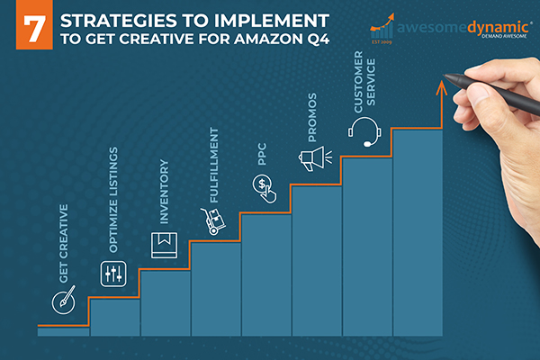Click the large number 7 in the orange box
click(34, 30)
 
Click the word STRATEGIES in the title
click(119, 21)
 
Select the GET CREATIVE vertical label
click(64, 244)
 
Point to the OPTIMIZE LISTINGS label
click(113, 200)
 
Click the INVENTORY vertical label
click(165, 192)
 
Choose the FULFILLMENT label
click(214, 165)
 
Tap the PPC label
click(262, 154)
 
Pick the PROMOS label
click(312, 118)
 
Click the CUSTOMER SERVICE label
click(364, 82)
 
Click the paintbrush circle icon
click(64, 301)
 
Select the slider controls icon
click(113, 274)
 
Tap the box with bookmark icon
click(165, 246)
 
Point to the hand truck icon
click(213, 221)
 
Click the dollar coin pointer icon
click(264, 189)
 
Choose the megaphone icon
click(315, 158)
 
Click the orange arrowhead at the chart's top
click(442, 86)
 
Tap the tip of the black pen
click(444, 75)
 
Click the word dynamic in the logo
click(498, 28)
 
